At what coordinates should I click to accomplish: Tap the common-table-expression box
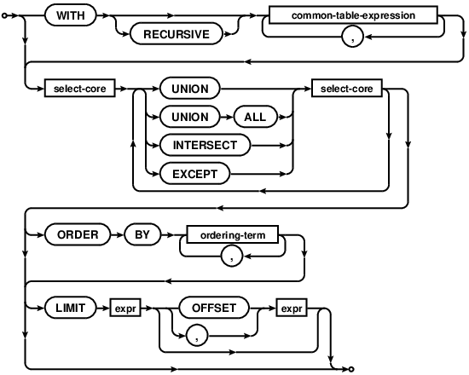pos(353,16)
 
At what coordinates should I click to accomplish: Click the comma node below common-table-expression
pos(353,37)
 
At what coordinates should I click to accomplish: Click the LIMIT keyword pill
pos(72,308)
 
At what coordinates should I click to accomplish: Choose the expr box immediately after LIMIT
pos(127,308)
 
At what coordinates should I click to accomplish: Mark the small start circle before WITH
pos(7,16)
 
